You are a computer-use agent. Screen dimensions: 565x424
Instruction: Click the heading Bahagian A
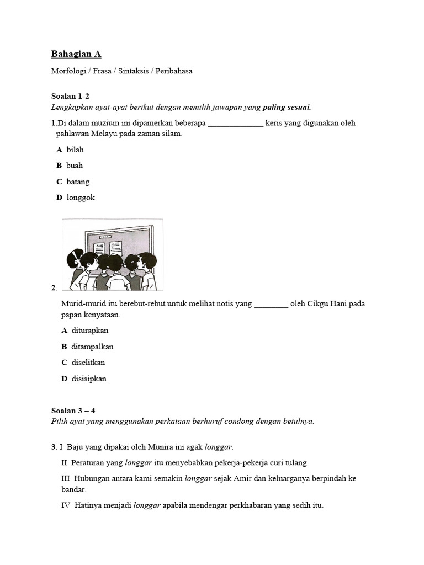pyautogui.click(x=76, y=54)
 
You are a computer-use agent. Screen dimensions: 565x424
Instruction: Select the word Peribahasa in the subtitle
pyautogui.click(x=174, y=71)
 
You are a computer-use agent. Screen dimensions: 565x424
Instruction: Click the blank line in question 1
pyautogui.click(x=236, y=124)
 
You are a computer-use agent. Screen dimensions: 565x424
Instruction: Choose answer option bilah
pyautogui.click(x=75, y=150)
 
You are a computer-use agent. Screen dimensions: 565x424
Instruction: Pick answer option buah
pyautogui.click(x=75, y=166)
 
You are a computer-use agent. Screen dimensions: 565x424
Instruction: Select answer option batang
pyautogui.click(x=78, y=182)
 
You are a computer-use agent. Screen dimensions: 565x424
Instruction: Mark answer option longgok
pyautogui.click(x=81, y=198)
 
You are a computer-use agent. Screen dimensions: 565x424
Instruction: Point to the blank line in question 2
pyautogui.click(x=271, y=304)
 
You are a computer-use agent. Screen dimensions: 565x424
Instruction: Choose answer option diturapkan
pyautogui.click(x=90, y=331)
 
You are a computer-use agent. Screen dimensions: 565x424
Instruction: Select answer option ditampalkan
pyautogui.click(x=92, y=347)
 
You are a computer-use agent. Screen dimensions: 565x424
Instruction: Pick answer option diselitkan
pyautogui.click(x=88, y=363)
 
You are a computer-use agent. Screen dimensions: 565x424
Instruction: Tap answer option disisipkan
pyautogui.click(x=89, y=379)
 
